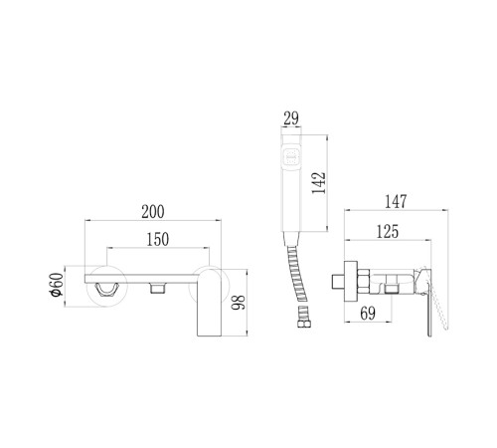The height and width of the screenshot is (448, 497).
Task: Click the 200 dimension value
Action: tap(153, 212)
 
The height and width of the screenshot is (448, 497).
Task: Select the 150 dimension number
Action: tap(158, 239)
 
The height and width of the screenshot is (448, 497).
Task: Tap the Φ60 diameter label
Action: tap(56, 284)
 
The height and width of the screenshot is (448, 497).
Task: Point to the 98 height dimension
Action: tap(239, 303)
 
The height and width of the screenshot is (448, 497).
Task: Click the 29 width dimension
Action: tap(291, 118)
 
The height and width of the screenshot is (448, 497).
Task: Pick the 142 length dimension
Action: tap(319, 183)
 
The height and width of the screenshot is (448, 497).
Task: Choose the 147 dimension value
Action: tap(396, 201)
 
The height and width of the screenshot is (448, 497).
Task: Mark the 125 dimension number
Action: tap(388, 231)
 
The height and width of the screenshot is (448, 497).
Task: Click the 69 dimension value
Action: tap(368, 314)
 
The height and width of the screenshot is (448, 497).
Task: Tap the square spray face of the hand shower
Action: tap(291, 156)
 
